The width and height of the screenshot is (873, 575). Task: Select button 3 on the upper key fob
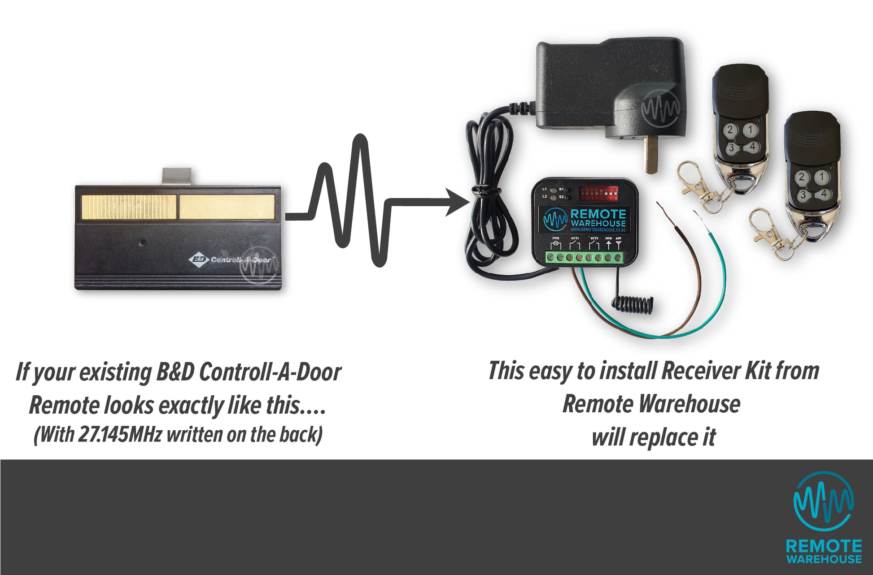tap(731, 147)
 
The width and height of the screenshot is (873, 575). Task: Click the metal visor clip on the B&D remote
tap(177, 176)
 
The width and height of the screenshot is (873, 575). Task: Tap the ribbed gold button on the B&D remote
tap(129, 207)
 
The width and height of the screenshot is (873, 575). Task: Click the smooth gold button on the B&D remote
tap(227, 207)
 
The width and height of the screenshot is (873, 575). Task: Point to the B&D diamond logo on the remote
tap(198, 259)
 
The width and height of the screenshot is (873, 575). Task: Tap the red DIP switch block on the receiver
tap(598, 194)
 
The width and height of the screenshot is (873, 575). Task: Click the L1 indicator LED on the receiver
tap(553, 190)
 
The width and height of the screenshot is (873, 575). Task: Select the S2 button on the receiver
tap(567, 197)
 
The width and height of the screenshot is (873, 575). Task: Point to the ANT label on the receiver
tap(619, 238)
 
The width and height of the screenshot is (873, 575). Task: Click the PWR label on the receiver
tap(555, 238)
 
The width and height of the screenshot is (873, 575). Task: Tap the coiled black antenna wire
tap(632, 305)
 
